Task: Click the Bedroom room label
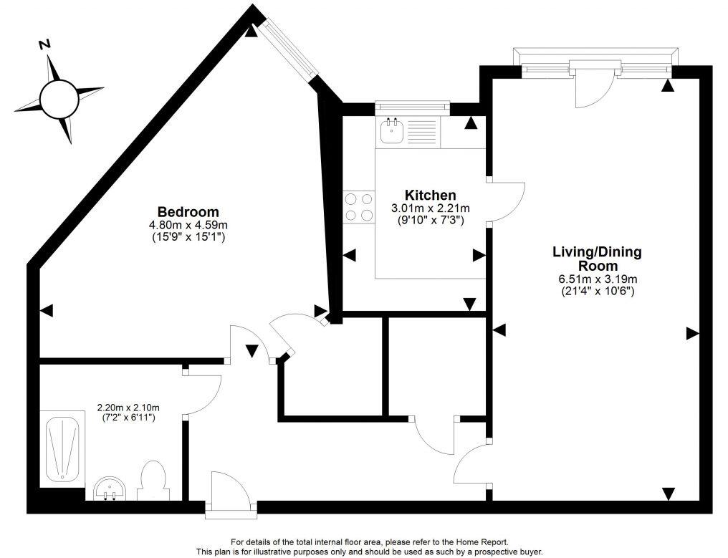(188, 212)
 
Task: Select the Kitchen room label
(430, 196)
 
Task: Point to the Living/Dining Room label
(596, 259)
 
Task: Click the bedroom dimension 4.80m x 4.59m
(188, 224)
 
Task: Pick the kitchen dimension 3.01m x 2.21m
(430, 208)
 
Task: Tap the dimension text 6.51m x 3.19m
(596, 279)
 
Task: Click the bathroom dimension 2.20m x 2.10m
(128, 408)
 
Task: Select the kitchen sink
(392, 131)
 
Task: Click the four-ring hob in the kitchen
(358, 207)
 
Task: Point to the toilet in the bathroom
(152, 480)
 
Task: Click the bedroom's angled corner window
(289, 48)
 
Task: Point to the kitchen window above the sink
(412, 108)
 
